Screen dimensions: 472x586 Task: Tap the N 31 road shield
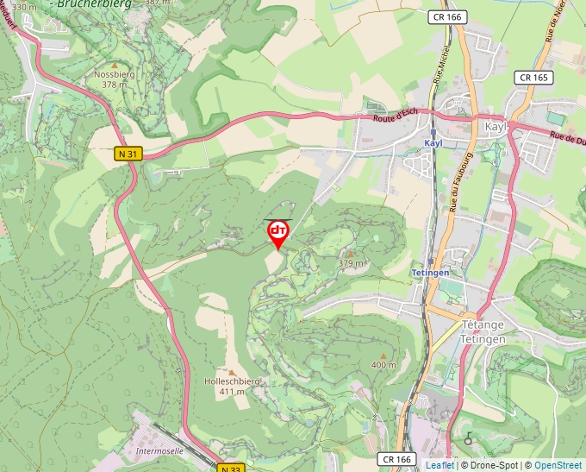(x=128, y=154)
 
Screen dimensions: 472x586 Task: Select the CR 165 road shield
(x=533, y=78)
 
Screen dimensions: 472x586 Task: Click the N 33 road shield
(x=230, y=469)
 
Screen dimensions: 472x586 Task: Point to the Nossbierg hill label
(x=114, y=74)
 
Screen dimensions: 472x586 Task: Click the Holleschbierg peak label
(x=232, y=381)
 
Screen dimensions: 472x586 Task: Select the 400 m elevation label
(x=383, y=365)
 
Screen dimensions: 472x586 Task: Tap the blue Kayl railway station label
(x=433, y=143)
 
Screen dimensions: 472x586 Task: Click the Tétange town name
(x=483, y=325)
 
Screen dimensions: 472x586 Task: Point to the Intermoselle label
(x=160, y=450)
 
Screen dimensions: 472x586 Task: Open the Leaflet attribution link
(x=439, y=465)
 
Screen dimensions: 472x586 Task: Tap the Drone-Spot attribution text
(x=496, y=465)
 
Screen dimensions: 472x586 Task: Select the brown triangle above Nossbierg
(x=114, y=63)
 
